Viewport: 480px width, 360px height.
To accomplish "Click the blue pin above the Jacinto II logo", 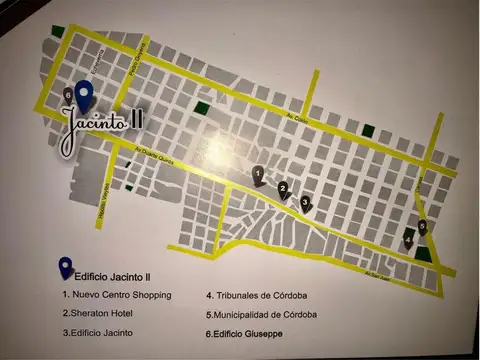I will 84,95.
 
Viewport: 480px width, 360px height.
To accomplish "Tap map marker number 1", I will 258,176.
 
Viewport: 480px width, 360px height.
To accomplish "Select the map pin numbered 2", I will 283,189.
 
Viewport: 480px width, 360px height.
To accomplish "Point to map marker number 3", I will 305,202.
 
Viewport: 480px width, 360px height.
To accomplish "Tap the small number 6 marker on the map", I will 67,93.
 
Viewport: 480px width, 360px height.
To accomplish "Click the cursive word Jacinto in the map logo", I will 96,125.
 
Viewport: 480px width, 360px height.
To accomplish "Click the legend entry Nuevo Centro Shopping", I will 117,295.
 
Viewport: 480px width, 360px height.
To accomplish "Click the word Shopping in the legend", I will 148,295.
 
